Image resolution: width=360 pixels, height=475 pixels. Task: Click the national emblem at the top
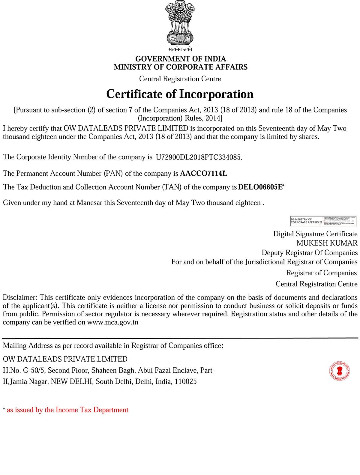pyautogui.click(x=180, y=23)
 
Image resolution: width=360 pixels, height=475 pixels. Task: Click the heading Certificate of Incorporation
pyautogui.click(x=180, y=94)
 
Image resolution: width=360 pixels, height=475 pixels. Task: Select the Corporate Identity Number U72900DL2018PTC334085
pyautogui.click(x=199, y=157)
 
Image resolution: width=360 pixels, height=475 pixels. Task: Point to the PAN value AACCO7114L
pyautogui.click(x=203, y=174)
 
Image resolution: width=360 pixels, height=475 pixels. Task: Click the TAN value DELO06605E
pyautogui.click(x=260, y=187)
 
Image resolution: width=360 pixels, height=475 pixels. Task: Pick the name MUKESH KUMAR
pyautogui.click(x=327, y=243)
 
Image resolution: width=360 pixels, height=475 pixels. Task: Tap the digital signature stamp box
pyautogui.click(x=323, y=221)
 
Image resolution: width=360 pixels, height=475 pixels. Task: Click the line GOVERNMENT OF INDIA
pyautogui.click(x=181, y=59)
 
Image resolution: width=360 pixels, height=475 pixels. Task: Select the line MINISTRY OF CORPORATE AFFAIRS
pyautogui.click(x=181, y=67)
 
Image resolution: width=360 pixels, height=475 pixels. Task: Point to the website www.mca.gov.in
pyautogui.click(x=113, y=323)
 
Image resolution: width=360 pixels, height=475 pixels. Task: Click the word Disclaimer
pyautogui.click(x=20, y=298)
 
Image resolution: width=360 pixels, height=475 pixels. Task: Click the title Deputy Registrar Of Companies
pyautogui.click(x=310, y=253)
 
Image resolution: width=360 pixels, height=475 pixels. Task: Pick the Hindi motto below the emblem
pyautogui.click(x=180, y=49)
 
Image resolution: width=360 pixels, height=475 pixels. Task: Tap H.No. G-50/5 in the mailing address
pyautogui.click(x=23, y=371)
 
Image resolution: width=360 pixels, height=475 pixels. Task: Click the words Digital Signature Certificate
pyautogui.click(x=315, y=234)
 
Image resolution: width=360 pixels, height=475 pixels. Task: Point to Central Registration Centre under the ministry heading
pyautogui.click(x=180, y=79)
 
